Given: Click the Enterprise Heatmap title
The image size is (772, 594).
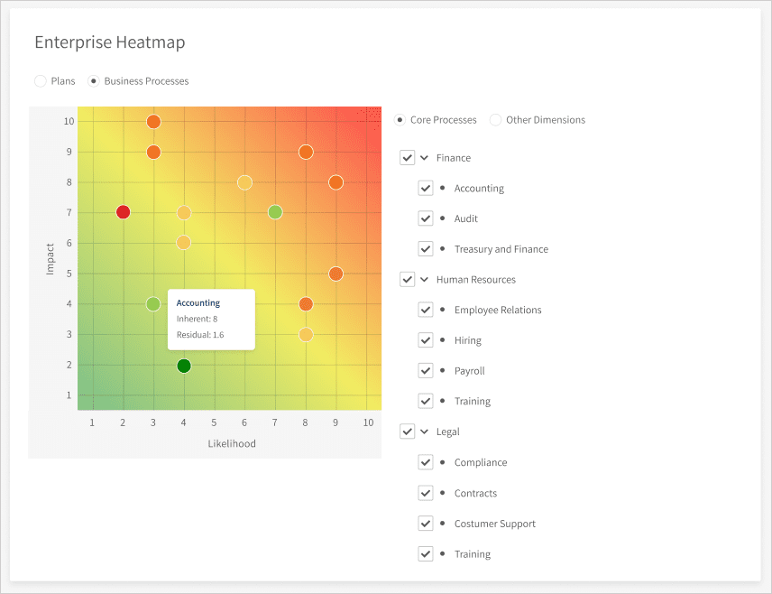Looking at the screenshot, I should pyautogui.click(x=109, y=42).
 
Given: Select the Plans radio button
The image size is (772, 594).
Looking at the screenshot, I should pyautogui.click(x=41, y=81).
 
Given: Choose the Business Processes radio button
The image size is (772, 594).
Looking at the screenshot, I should pyautogui.click(x=94, y=81).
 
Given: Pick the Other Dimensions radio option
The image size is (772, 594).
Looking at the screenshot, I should pyautogui.click(x=496, y=120).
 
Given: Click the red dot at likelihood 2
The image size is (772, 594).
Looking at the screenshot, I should pyautogui.click(x=124, y=212).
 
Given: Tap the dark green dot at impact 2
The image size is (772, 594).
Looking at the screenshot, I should pyautogui.click(x=184, y=366).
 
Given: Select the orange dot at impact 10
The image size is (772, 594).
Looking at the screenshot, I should pyautogui.click(x=153, y=122).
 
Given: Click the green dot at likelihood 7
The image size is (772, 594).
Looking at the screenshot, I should pyautogui.click(x=275, y=212).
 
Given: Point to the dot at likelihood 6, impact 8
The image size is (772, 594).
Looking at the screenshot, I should pyautogui.click(x=244, y=182).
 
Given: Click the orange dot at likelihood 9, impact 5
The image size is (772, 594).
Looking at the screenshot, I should pyautogui.click(x=335, y=274).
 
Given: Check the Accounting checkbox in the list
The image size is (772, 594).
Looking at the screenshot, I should pyautogui.click(x=426, y=189).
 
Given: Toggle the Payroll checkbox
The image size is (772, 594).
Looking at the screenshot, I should pyautogui.click(x=426, y=371).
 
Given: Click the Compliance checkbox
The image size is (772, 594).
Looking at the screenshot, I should pyautogui.click(x=426, y=462).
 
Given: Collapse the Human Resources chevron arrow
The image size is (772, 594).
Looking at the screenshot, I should pyautogui.click(x=425, y=280).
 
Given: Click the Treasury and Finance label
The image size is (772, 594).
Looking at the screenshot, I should pyautogui.click(x=501, y=249).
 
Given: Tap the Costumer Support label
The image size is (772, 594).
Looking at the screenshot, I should pyautogui.click(x=494, y=524).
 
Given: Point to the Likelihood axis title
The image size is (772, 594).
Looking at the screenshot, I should pyautogui.click(x=232, y=443).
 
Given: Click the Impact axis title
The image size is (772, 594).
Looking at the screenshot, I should pyautogui.click(x=51, y=257).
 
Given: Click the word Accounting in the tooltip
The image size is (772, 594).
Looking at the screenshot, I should pyautogui.click(x=198, y=303).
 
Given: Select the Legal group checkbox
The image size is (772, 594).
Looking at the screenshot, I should pyautogui.click(x=408, y=432).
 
